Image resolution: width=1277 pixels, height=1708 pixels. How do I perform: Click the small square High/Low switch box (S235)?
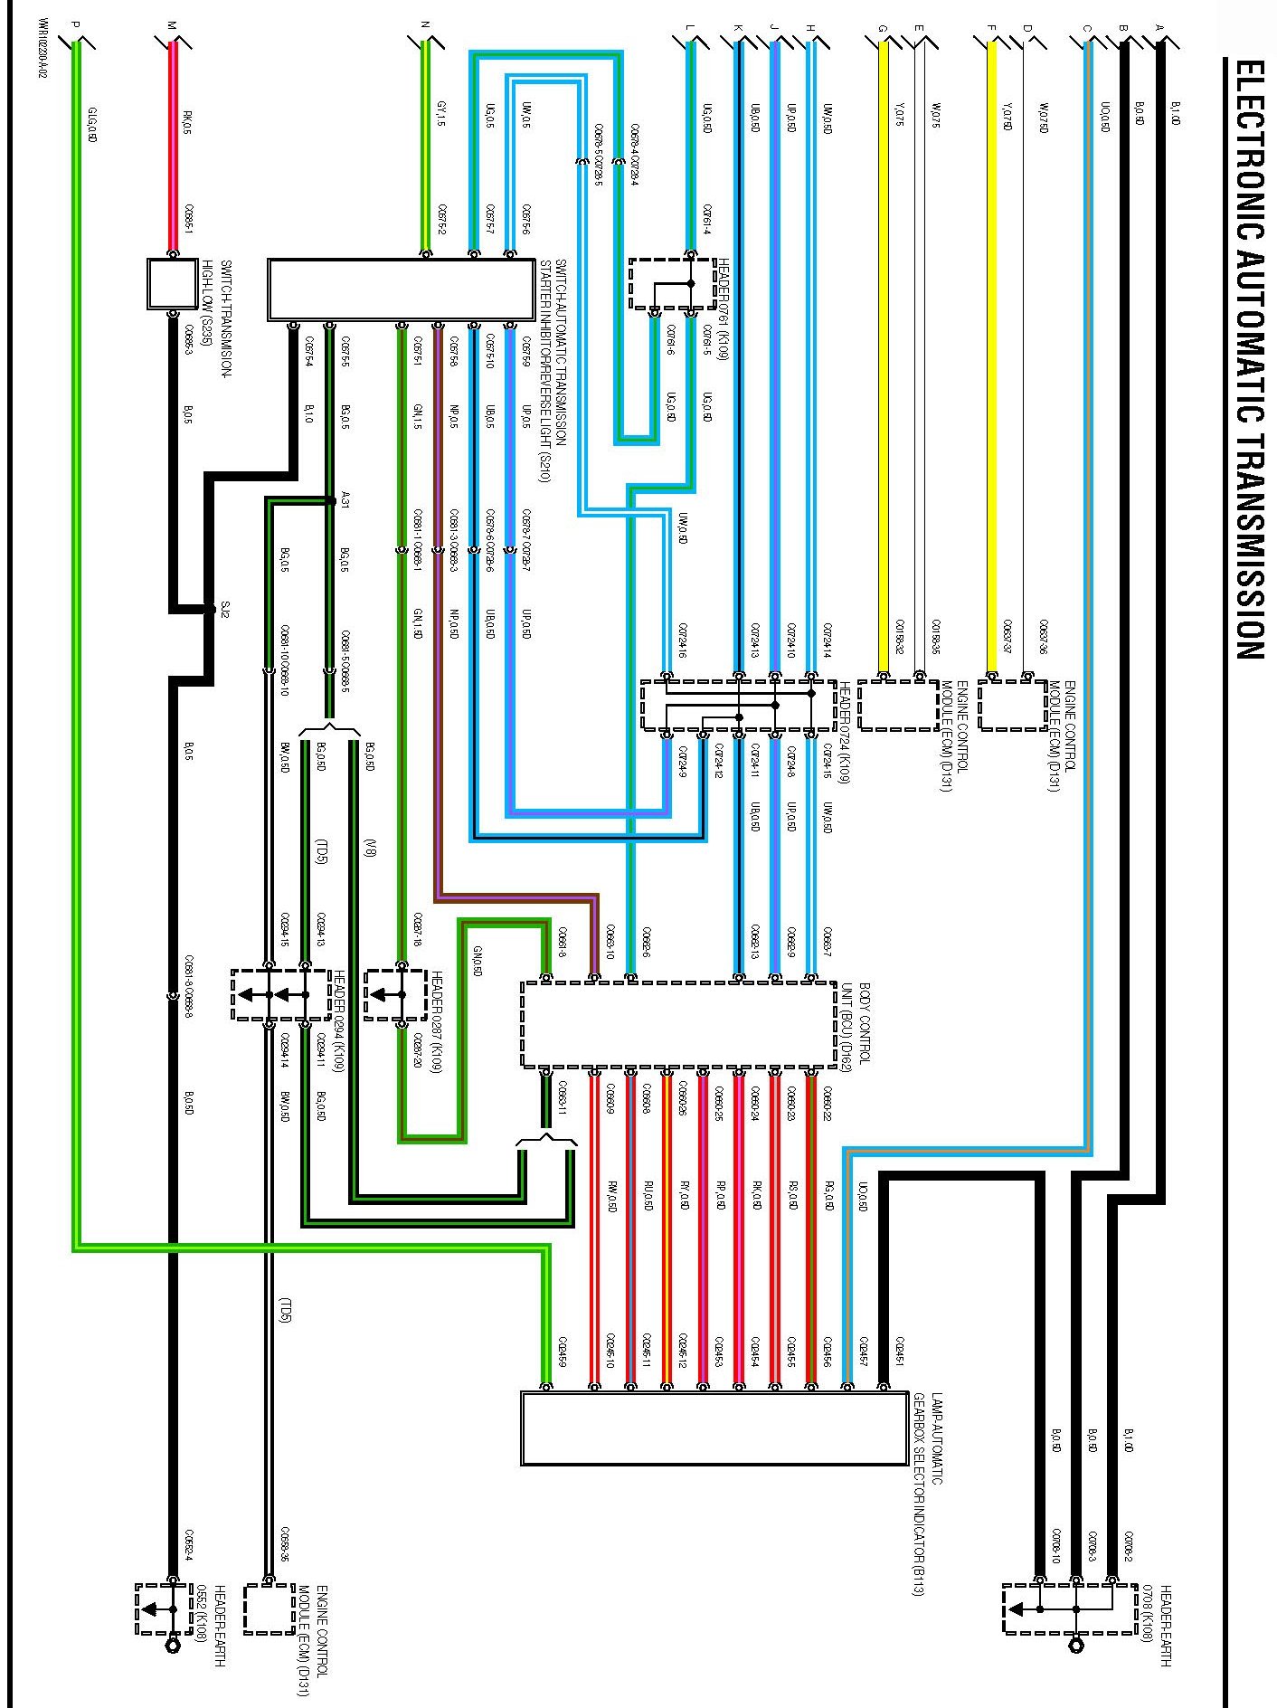tap(172, 284)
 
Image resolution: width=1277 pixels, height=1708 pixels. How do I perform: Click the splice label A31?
tap(345, 498)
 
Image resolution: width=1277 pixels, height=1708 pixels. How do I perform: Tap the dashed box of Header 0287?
tap(395, 995)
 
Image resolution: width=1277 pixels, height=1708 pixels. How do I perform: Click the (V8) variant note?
tap(370, 848)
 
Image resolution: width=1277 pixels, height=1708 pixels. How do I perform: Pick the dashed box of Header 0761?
tap(672, 284)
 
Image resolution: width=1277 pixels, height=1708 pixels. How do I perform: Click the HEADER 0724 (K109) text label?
tap(845, 731)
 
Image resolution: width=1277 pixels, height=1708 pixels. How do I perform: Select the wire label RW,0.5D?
tap(612, 1197)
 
